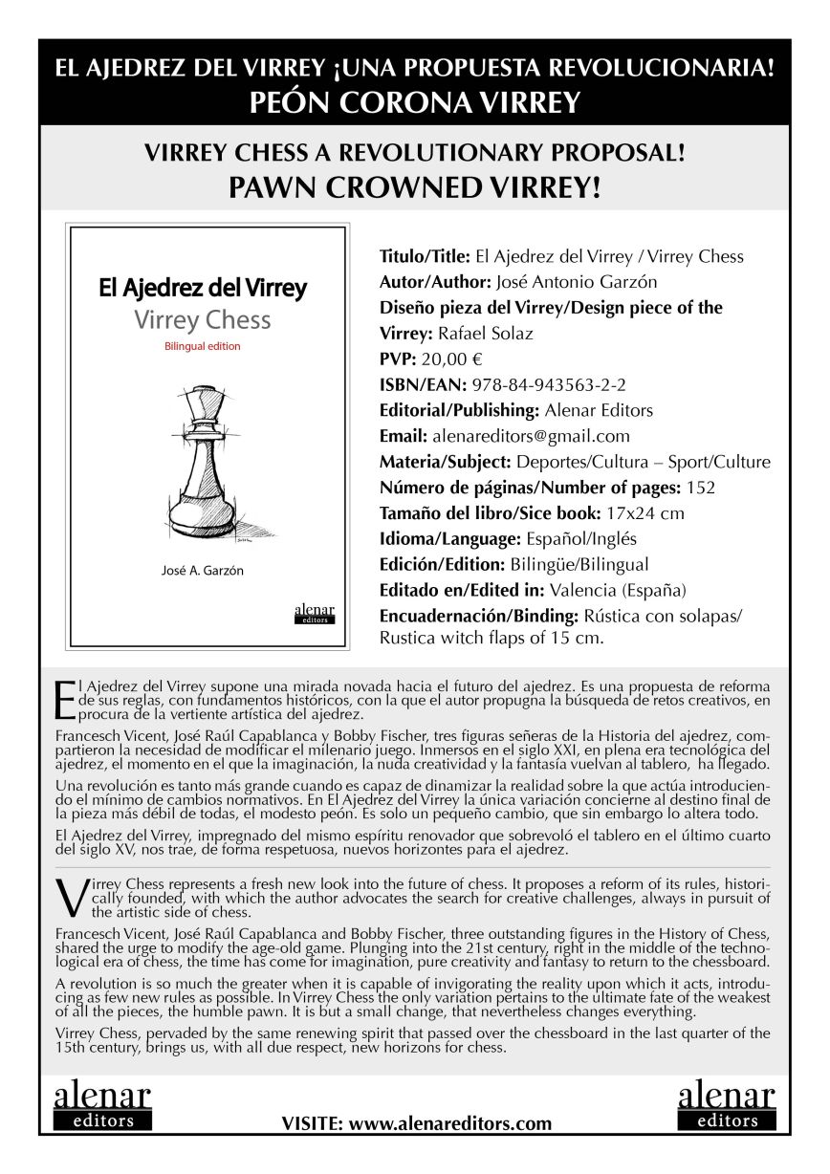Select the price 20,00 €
[455, 359]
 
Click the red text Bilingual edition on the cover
[202, 346]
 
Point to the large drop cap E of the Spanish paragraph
[65, 700]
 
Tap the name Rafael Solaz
[487, 334]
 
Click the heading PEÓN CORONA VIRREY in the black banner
[414, 102]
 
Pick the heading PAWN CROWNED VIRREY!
[414, 187]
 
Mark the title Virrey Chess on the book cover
[202, 319]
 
